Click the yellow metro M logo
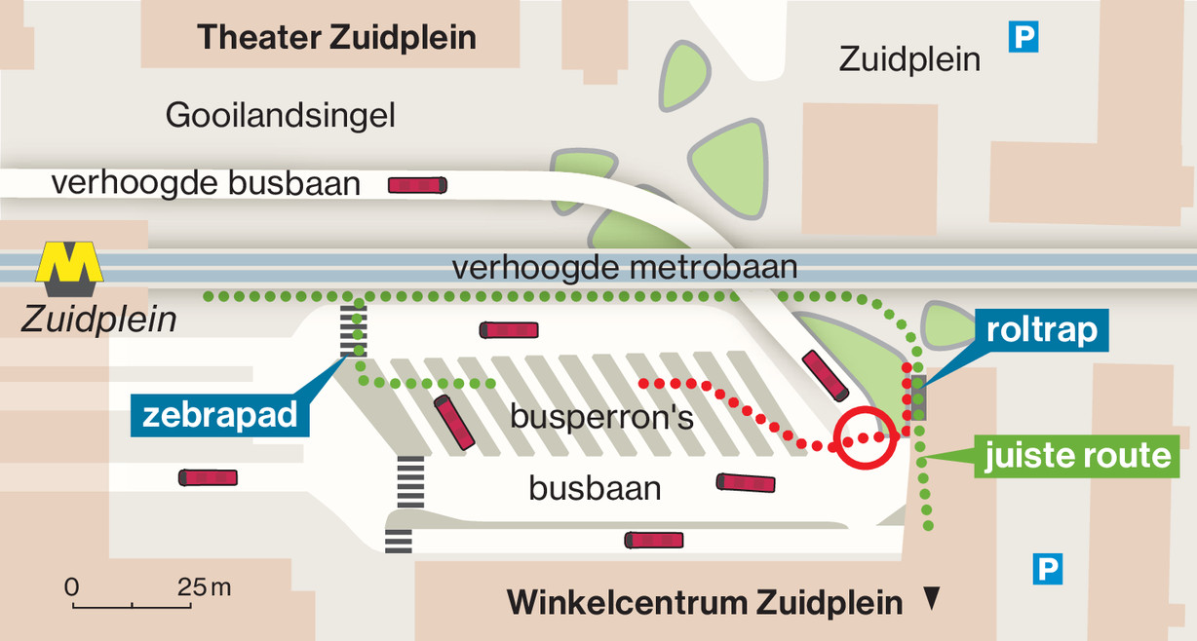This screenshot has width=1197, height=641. (x=70, y=268)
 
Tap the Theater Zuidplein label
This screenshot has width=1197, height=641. (x=336, y=38)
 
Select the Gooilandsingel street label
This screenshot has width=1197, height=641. (x=281, y=116)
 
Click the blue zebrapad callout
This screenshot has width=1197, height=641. (x=219, y=416)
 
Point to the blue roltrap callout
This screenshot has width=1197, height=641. (x=1041, y=331)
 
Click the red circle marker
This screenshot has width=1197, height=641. (x=866, y=437)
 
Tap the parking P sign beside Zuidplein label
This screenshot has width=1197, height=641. (x=1023, y=38)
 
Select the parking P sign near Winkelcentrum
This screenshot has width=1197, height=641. (x=1047, y=568)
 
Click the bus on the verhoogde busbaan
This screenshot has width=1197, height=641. (x=417, y=184)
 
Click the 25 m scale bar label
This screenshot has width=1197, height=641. (x=205, y=587)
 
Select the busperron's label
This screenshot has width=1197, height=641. (x=601, y=417)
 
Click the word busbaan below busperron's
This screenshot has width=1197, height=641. (x=595, y=487)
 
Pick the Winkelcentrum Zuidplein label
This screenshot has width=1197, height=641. (x=704, y=603)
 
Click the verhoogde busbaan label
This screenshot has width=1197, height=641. (x=206, y=183)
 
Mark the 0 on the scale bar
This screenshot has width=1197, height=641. (x=71, y=587)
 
